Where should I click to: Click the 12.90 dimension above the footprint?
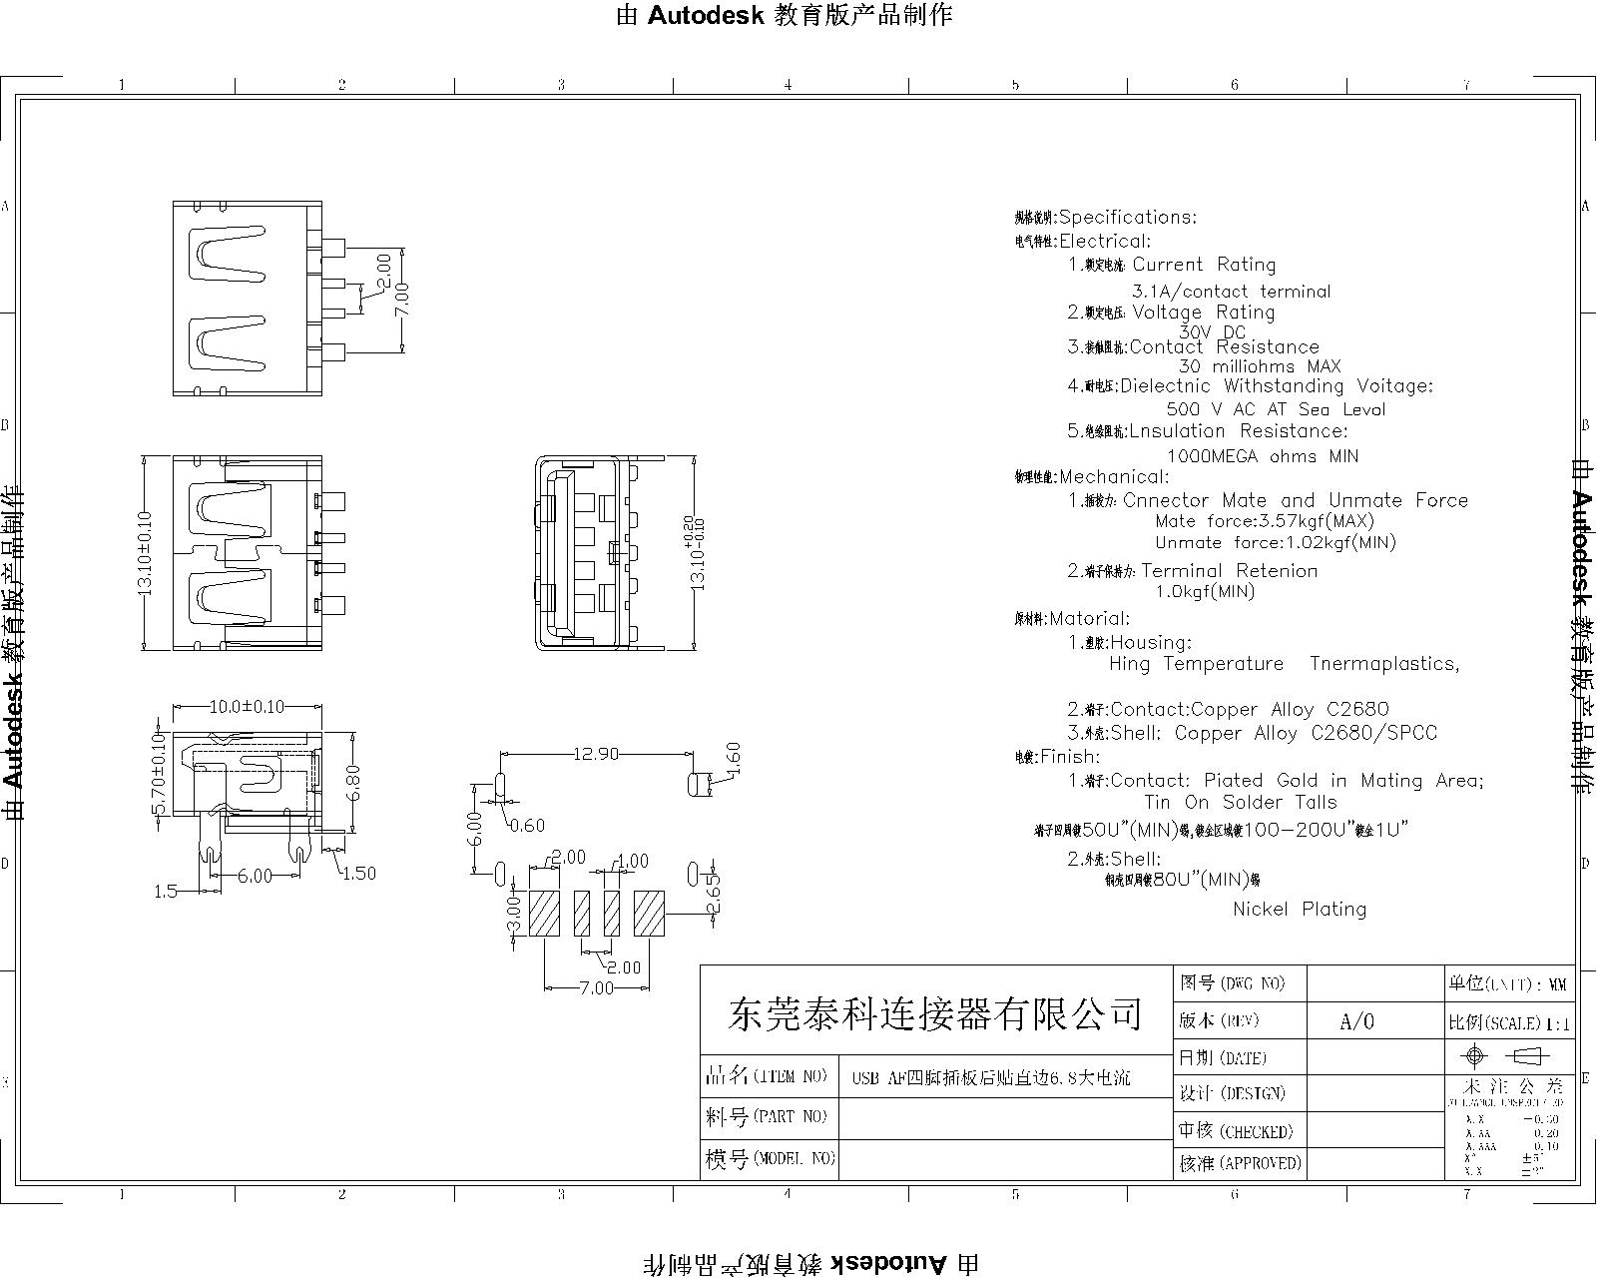[595, 755]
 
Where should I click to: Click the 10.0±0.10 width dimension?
[246, 707]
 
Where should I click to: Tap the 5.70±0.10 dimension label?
[158, 774]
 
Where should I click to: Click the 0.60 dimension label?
[528, 826]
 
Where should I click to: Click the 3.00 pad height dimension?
[515, 914]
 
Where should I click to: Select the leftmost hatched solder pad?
[544, 913]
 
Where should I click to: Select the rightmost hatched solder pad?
[649, 913]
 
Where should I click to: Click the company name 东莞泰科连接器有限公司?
[935, 1014]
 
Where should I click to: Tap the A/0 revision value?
[1357, 1021]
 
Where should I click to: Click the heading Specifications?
[1127, 217]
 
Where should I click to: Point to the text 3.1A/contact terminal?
[1231, 292]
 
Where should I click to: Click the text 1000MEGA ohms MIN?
[1263, 456]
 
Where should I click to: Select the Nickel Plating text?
[1299, 909]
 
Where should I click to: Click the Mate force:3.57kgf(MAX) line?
[1264, 521]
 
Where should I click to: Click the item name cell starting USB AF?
[990, 1078]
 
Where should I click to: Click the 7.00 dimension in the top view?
[402, 297]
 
